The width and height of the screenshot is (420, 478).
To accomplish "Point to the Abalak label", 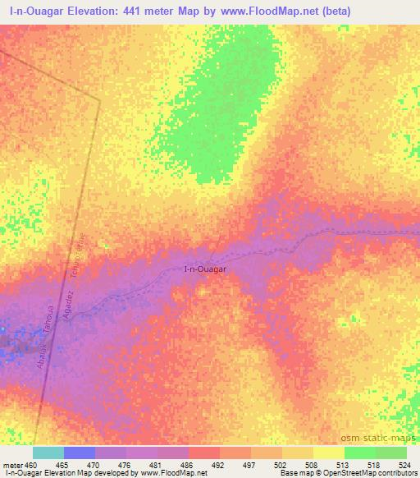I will tap(41, 356).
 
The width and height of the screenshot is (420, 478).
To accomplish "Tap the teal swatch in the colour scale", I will tap(48, 453).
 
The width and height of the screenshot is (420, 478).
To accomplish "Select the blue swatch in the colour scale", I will tap(80, 453).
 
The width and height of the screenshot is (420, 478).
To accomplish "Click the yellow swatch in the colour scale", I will tap(329, 453).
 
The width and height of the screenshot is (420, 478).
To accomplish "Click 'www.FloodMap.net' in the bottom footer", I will tap(172, 473).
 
